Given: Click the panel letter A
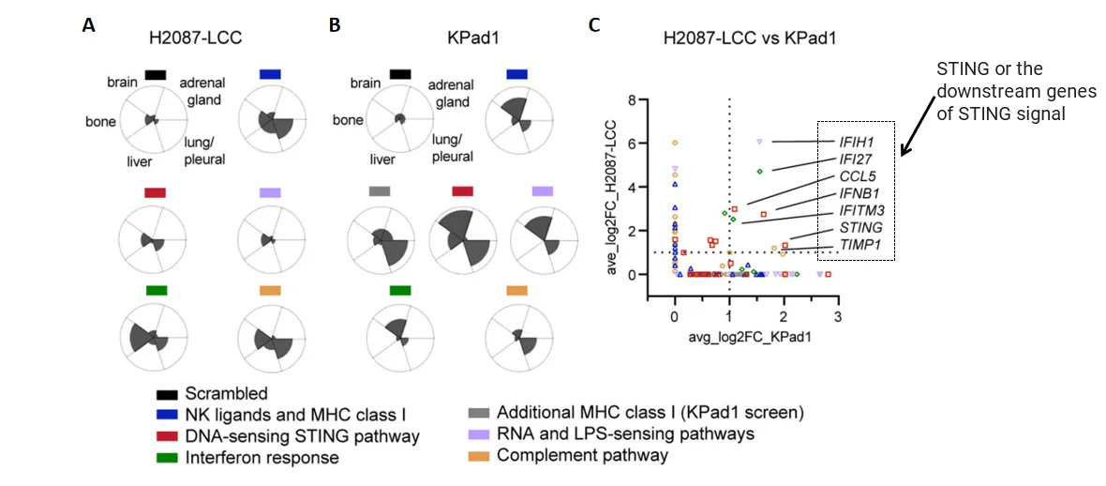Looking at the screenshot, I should (88, 26).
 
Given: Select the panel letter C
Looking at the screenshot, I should (594, 26).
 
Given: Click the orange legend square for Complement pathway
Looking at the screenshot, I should (482, 455).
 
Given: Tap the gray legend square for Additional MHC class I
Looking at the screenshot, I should (482, 412).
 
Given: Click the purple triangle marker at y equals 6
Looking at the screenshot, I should (759, 142).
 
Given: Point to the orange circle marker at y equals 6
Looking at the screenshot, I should (675, 143).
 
